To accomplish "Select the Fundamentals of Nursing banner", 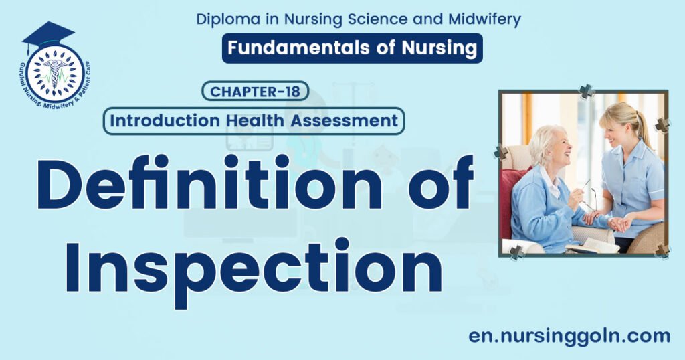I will (x=353, y=48).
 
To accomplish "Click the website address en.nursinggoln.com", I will (x=569, y=336).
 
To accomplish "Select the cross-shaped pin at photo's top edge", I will (x=586, y=90).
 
